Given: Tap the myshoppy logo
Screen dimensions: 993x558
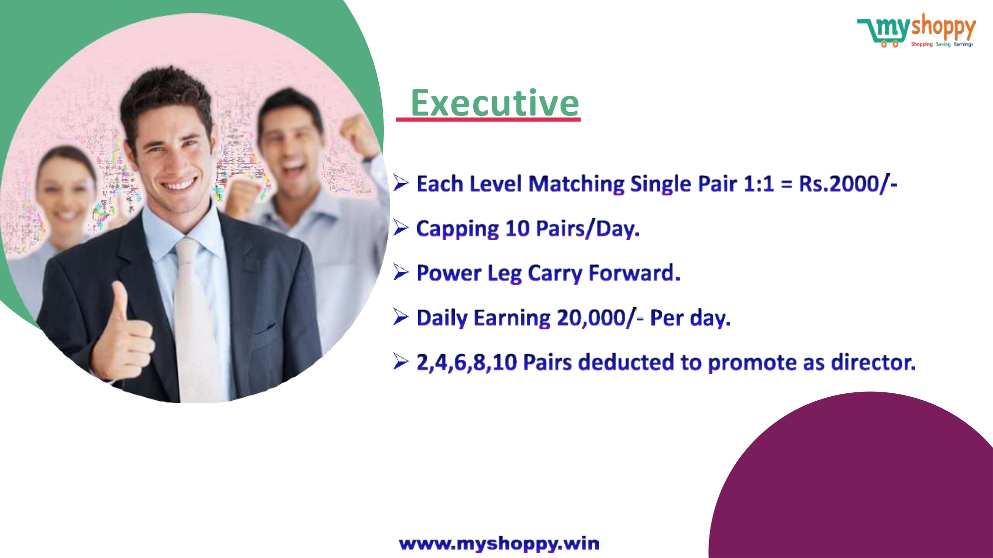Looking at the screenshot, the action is click(917, 31).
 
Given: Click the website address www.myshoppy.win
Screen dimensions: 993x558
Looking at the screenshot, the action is click(499, 544).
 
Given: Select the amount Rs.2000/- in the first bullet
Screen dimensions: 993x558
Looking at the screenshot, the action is click(848, 184).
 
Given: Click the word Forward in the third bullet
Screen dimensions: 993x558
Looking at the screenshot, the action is click(634, 273).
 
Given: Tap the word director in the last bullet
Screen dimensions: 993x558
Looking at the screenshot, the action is click(873, 362).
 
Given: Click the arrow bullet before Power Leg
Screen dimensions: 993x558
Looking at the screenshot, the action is click(401, 272).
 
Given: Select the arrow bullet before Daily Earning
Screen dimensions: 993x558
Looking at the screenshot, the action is click(401, 317).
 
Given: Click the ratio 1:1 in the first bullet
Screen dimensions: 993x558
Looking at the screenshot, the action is click(759, 184).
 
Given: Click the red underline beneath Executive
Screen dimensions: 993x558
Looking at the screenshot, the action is click(489, 120).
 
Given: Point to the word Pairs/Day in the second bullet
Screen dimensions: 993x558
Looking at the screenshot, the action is click(588, 229).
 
